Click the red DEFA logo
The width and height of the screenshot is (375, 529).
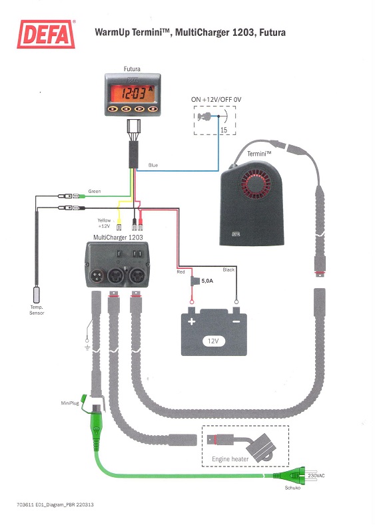coord(46,34)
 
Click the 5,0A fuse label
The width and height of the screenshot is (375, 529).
coord(207,281)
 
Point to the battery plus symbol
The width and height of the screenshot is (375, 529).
coord(191,321)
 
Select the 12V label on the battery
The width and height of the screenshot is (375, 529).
coord(213,341)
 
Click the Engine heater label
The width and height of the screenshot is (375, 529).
coord(230,459)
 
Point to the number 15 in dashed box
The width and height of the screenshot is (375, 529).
coord(224,130)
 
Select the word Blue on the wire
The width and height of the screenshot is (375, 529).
coord(153,165)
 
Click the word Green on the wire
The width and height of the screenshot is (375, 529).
coord(95,191)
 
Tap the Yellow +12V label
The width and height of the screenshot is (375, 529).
coord(104,223)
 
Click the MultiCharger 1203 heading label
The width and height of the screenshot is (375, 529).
coord(118,237)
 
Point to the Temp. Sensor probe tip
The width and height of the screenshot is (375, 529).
coord(37,294)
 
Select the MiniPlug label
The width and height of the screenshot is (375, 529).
coord(69,403)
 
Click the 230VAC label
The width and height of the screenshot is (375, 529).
coord(316,476)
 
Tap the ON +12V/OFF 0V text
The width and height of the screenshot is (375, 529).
coord(216,100)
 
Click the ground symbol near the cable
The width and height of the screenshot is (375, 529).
coord(87,347)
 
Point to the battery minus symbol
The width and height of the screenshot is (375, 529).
coord(236,321)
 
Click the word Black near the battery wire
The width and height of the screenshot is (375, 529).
coord(228,269)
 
